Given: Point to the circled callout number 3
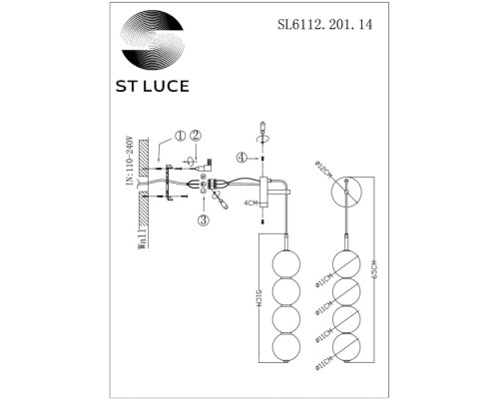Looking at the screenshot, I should pos(203,220).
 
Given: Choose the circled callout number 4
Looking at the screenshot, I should pos(241,157).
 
